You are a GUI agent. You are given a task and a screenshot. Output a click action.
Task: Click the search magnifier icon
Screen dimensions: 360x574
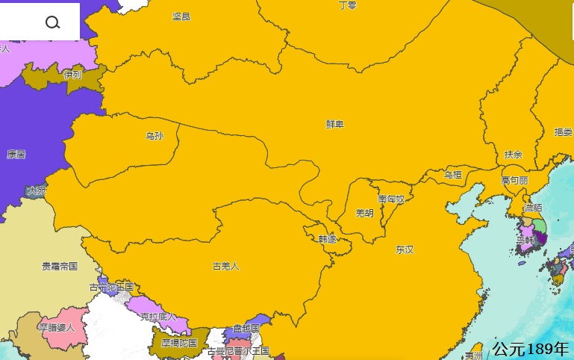[52, 22]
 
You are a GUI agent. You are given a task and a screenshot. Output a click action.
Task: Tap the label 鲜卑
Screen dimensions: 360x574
[335, 124]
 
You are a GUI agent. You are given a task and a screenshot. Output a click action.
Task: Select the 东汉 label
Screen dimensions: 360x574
[405, 249]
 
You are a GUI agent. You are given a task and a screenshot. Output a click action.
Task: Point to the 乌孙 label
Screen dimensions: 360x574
[155, 136]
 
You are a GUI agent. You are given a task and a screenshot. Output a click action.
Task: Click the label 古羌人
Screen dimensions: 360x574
[225, 265]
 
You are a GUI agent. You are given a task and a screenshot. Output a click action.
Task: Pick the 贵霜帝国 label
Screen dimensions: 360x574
[60, 266]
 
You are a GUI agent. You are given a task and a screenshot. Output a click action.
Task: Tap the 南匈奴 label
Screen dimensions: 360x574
[391, 199]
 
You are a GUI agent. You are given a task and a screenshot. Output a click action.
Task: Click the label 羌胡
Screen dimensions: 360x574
[364, 213]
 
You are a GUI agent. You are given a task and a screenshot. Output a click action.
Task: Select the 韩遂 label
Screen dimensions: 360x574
[327, 239]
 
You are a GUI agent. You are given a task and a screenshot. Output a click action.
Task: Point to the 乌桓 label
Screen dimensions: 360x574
[453, 175]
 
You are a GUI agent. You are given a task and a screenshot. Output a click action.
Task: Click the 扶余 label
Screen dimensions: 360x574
[514, 155]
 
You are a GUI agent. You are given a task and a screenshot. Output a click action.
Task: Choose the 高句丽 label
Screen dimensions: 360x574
[514, 180]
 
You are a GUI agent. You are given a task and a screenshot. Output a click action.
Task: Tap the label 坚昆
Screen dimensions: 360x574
[181, 16]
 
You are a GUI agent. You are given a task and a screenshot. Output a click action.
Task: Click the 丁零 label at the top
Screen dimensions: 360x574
[348, 5]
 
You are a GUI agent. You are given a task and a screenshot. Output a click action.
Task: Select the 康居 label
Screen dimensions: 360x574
[16, 155]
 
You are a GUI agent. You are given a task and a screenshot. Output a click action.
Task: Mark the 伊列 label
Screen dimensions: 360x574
[72, 75]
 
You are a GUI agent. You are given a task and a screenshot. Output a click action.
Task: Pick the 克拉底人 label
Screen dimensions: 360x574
[158, 316]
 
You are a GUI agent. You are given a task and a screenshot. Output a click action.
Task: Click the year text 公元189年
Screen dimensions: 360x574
[530, 348]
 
